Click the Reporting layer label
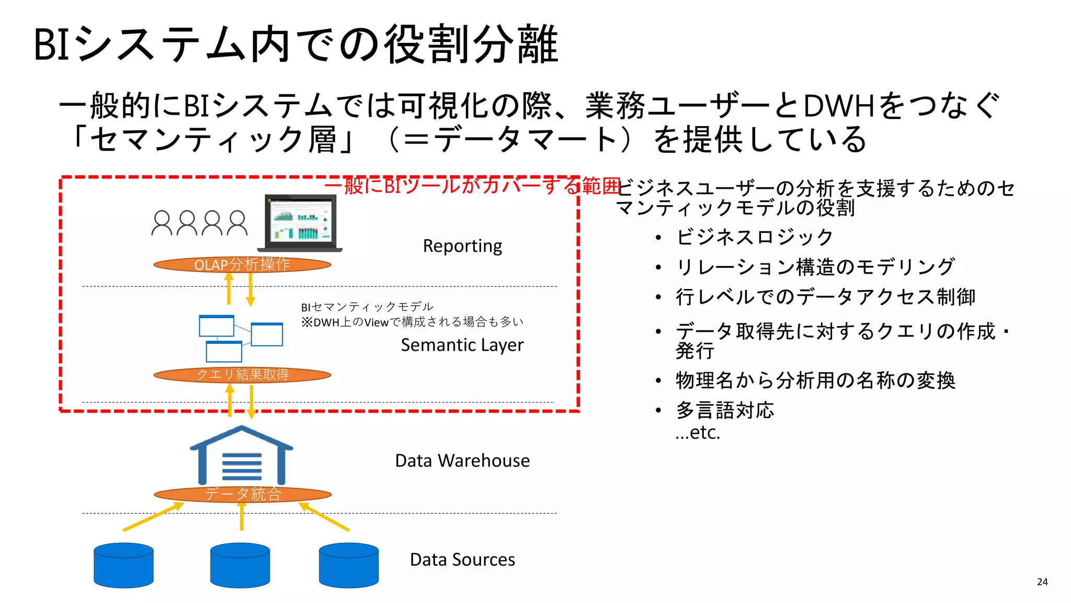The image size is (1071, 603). pos(462,246)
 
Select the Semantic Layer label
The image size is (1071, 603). pos(462,345)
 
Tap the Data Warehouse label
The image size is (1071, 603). pos(462,461)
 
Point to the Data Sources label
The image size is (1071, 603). pos(462,560)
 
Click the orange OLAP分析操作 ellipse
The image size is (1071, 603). pos(242,264)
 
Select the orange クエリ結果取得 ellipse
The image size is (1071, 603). pos(242,375)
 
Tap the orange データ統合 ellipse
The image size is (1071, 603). pos(243,494)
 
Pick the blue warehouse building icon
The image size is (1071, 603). pos(241,455)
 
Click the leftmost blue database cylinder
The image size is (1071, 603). pos(123,565)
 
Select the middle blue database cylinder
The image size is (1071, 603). pos(240,565)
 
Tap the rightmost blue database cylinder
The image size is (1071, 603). pos(348,565)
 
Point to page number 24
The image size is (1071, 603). pos(1042,582)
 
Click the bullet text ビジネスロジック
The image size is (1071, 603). pos(754,237)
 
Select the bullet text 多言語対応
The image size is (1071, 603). pos(724,410)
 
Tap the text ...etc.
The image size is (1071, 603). pos(698,433)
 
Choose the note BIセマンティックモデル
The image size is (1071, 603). pos(367,307)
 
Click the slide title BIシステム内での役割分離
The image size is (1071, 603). pos(296,44)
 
